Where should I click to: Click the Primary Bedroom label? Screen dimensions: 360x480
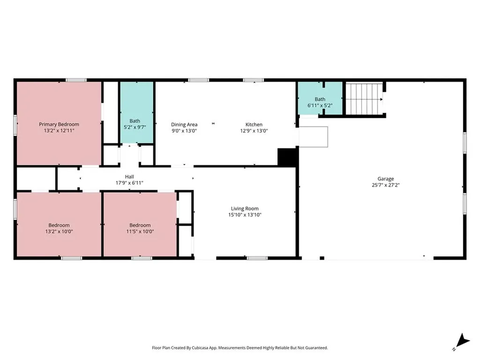coord(59,124)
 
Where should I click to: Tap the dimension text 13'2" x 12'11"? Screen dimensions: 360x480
coord(59,131)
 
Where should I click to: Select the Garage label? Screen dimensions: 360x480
coord(386,179)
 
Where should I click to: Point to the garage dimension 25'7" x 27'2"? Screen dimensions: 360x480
coord(386,185)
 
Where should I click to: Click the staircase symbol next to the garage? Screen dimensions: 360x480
coord(364,99)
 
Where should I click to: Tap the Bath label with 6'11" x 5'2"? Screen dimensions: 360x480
coord(320,99)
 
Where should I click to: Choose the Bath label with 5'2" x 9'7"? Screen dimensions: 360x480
coord(135,120)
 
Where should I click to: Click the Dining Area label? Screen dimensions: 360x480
coord(184,124)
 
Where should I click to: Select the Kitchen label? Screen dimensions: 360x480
coord(254,124)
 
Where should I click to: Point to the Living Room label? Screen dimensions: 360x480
coord(244,209)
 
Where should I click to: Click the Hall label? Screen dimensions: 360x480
coord(129,176)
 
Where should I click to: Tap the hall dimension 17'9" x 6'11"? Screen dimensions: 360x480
coord(129,183)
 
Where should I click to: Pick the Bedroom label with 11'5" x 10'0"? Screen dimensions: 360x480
coord(140,225)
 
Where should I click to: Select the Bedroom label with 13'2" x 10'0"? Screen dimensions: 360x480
coord(59,225)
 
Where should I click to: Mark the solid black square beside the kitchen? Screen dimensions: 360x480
coord(287,157)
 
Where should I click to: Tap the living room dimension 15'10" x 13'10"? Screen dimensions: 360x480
coord(244,215)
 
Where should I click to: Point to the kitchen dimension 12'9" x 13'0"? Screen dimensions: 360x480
coord(254,131)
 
